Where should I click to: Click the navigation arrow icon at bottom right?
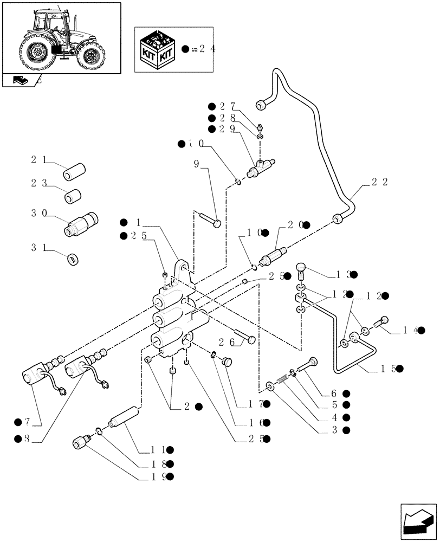click(417, 522)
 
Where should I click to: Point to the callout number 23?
click(38, 183)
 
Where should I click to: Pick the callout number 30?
click(38, 214)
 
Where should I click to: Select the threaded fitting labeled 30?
click(83, 224)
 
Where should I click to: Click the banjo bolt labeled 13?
click(302, 270)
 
